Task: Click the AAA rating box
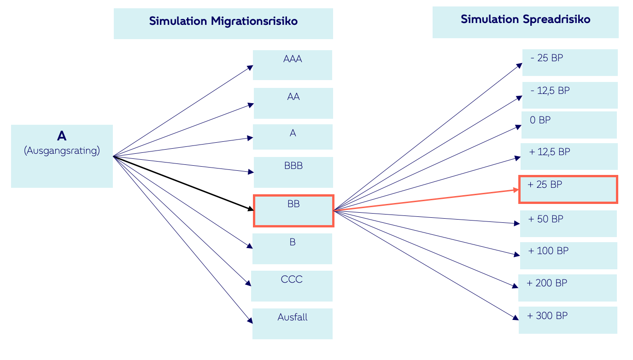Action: point(293,65)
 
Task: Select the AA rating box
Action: point(293,103)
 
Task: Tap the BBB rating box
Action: point(293,172)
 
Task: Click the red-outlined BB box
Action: point(293,211)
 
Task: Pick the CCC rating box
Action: point(292,286)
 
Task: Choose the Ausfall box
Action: point(293,324)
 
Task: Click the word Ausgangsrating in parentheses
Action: point(62,151)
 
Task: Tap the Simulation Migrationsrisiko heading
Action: point(223,21)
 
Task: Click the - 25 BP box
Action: point(570,63)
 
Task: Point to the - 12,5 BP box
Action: point(570,95)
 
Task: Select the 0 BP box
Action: point(569,125)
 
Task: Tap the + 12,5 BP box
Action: point(569,157)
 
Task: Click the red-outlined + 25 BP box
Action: point(568,189)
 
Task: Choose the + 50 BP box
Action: point(569,224)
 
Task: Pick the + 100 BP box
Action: point(569,255)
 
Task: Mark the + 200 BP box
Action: point(568,288)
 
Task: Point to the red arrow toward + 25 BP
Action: point(424,200)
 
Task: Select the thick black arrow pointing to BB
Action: point(184,183)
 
